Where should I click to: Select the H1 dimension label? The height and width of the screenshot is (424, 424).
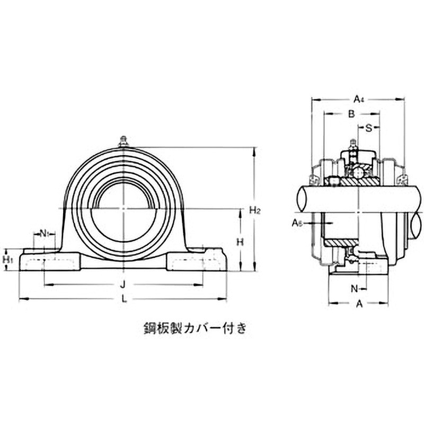8,259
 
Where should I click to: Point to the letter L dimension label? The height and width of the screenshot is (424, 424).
123,299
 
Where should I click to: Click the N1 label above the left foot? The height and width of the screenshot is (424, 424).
45,233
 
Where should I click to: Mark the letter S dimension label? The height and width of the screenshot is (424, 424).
369,127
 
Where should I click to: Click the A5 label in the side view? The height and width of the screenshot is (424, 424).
297,223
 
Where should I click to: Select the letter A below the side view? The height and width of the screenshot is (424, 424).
359,304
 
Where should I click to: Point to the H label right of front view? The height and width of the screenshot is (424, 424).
240,242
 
